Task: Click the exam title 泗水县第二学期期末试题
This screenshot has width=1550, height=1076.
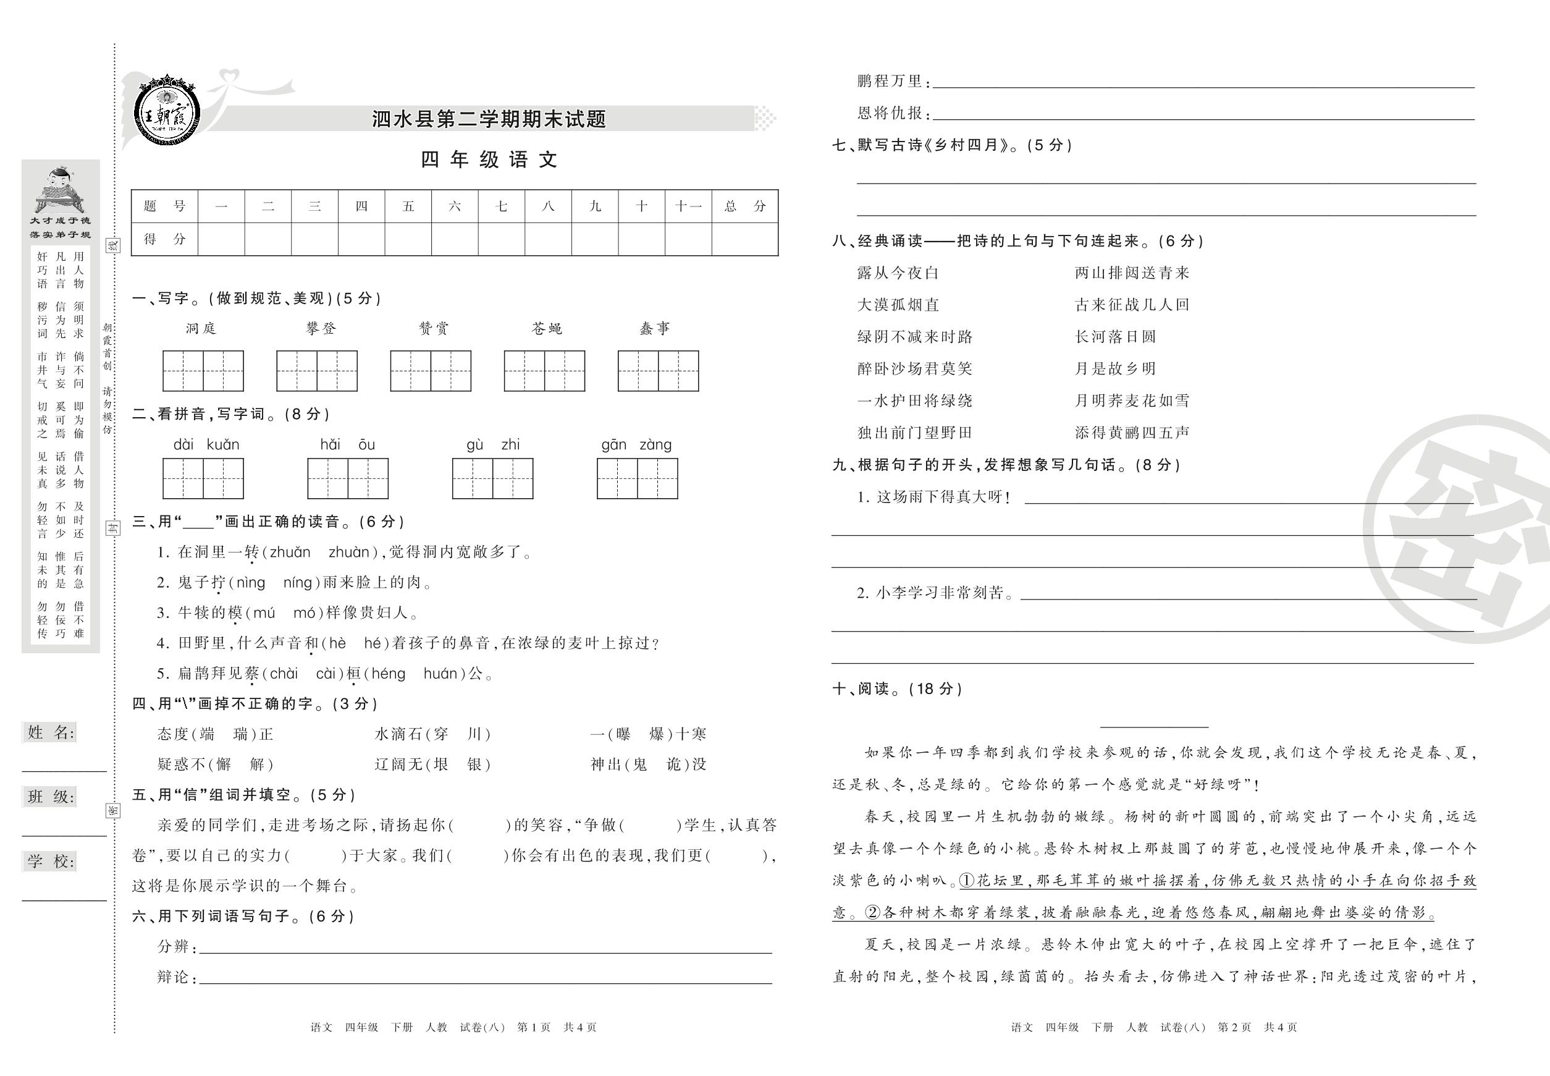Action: (489, 119)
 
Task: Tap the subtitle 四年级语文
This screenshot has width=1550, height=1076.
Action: (489, 160)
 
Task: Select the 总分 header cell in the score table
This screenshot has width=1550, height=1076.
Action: (744, 206)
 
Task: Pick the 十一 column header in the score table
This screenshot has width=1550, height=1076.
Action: (688, 206)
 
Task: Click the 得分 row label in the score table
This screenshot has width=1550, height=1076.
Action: (164, 239)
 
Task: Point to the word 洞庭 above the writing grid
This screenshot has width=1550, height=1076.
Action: (201, 328)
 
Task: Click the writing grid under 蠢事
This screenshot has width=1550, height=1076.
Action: (658, 371)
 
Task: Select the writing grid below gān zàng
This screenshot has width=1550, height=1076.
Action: (637, 479)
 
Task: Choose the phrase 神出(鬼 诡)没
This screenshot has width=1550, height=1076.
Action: (648, 764)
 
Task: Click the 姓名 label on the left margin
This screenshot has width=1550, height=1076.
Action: (51, 733)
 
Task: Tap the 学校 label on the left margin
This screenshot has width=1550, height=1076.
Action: (51, 861)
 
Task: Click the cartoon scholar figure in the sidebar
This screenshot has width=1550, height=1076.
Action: (59, 189)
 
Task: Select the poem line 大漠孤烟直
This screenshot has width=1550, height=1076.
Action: (898, 305)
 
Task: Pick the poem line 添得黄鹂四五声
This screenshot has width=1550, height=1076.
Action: (1132, 433)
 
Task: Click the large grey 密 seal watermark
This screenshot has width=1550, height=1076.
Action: (1462, 529)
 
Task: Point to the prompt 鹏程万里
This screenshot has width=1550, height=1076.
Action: (890, 81)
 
